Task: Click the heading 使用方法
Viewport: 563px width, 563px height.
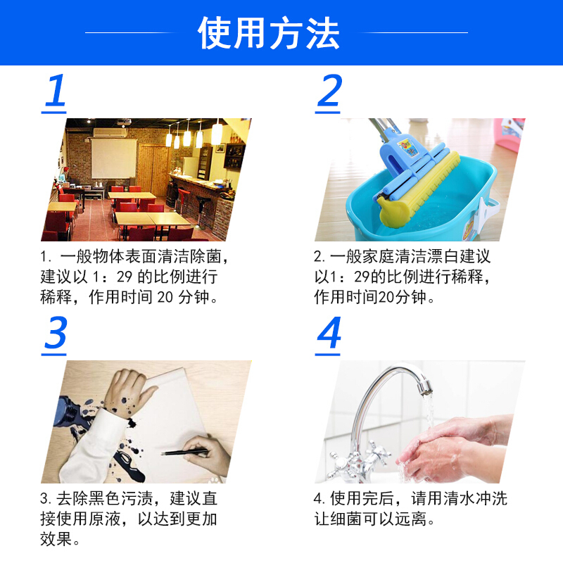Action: tap(269, 32)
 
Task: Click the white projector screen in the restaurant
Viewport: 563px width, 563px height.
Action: tap(114, 158)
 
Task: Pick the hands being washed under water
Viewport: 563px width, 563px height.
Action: tap(456, 449)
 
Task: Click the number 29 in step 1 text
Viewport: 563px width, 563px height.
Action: tap(125, 277)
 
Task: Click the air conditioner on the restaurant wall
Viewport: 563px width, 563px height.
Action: tap(110, 133)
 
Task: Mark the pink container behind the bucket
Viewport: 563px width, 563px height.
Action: tap(509, 134)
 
